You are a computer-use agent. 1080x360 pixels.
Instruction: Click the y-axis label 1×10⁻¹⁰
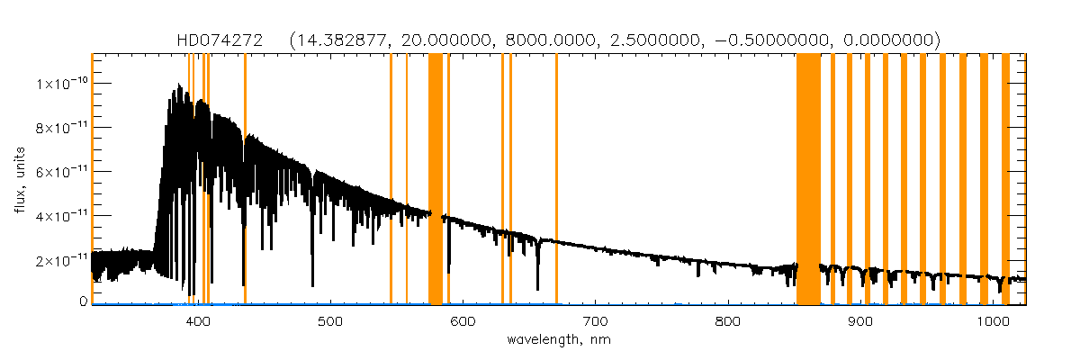click(x=61, y=84)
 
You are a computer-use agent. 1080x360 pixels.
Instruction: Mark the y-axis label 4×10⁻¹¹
click(x=61, y=216)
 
